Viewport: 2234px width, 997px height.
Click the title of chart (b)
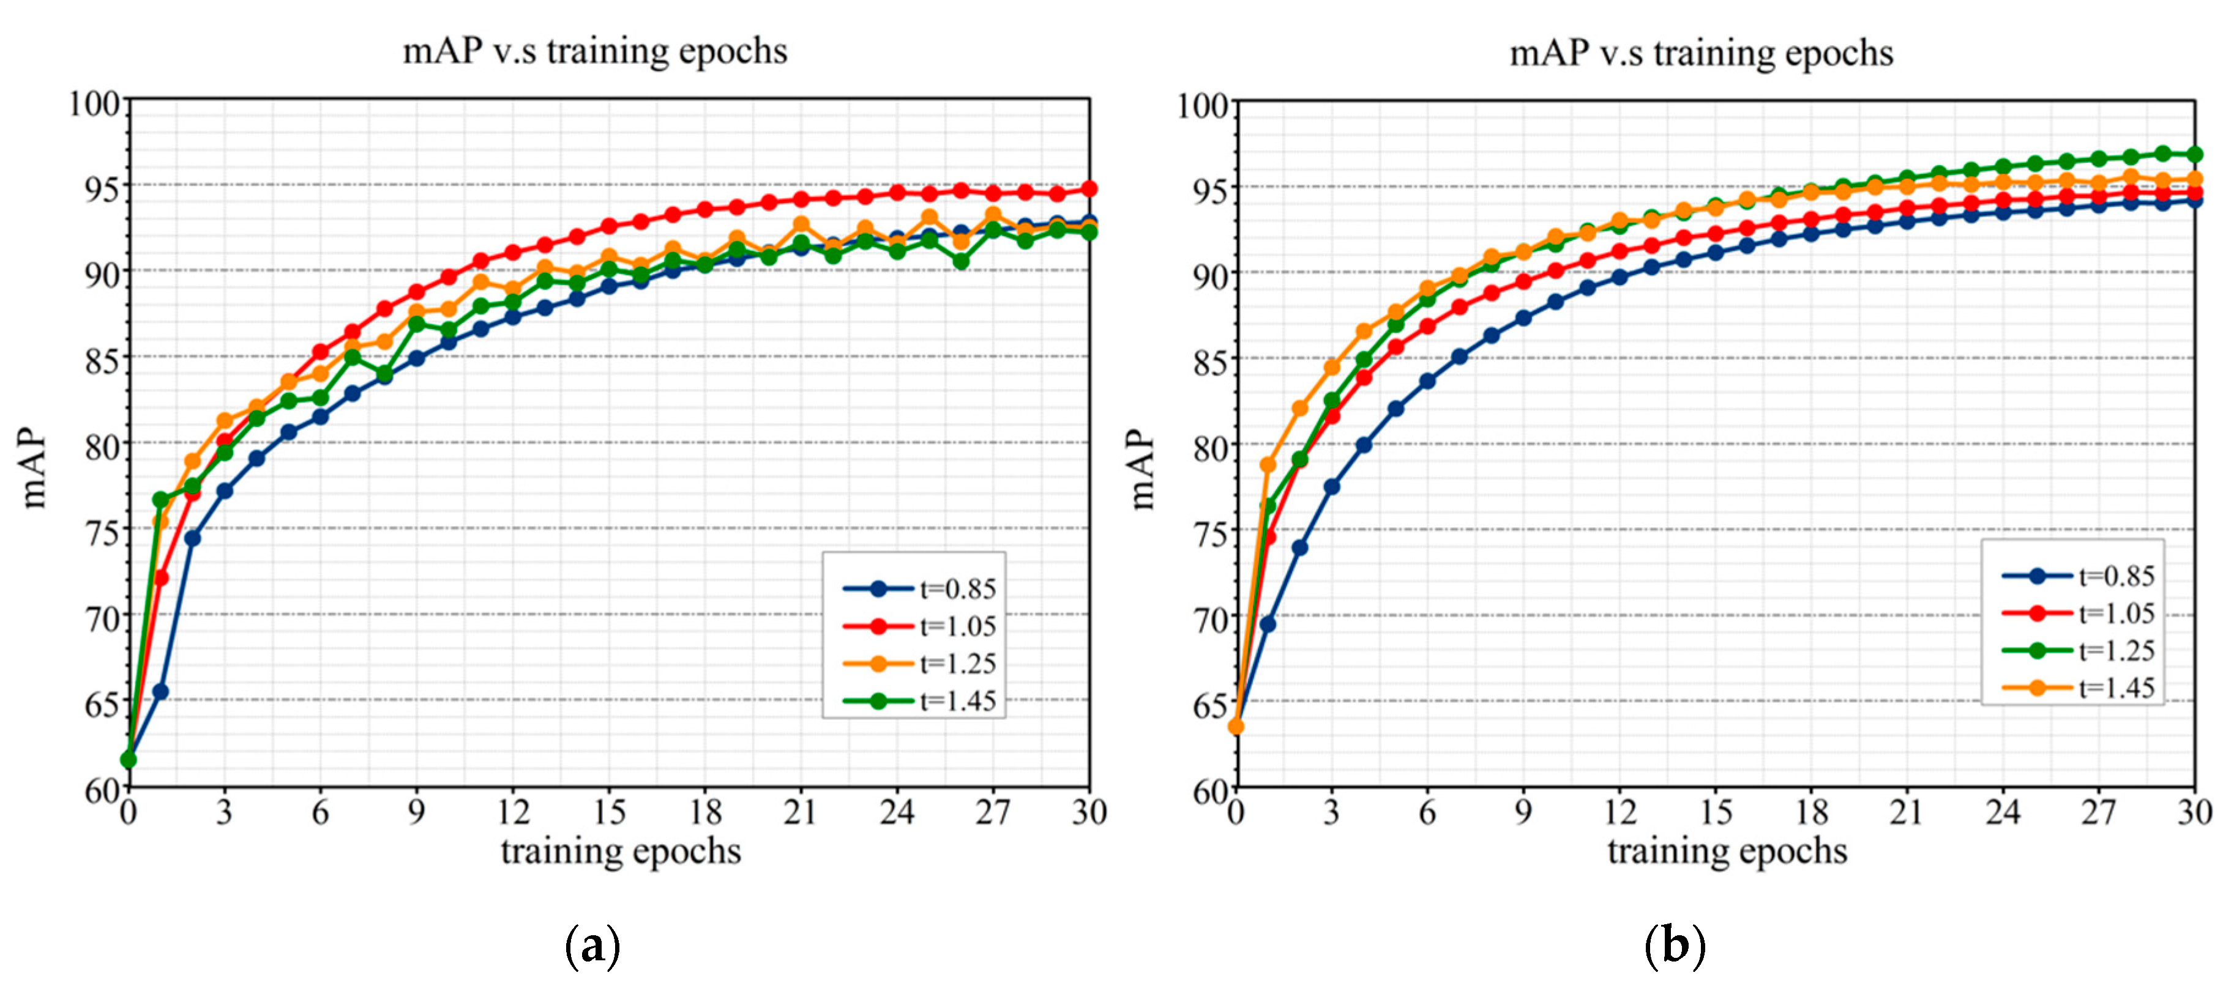1701,53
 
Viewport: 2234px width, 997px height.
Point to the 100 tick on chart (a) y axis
94,103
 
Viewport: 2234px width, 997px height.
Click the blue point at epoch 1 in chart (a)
160,691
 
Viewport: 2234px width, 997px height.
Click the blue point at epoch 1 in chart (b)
1268,623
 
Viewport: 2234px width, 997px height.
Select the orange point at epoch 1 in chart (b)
1268,465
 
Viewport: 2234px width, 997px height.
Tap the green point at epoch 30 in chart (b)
2195,154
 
